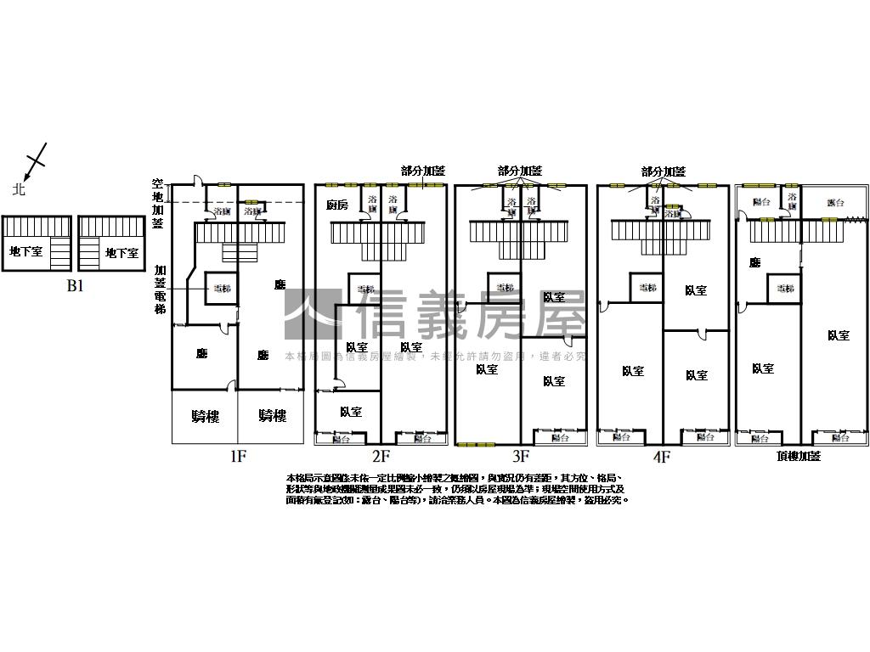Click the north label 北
tap(19, 189)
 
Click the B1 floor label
tap(76, 286)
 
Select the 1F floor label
tap(238, 457)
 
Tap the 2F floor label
tap(380, 457)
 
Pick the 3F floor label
tap(521, 457)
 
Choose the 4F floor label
tap(662, 457)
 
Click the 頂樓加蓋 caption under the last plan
tap(799, 457)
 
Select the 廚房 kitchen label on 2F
tap(337, 205)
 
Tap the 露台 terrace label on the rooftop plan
tap(835, 203)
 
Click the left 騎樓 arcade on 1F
tap(205, 415)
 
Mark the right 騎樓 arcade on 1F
tap(272, 415)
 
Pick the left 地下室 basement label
tap(25, 252)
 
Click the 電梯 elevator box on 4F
tap(647, 288)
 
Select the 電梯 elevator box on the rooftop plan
tap(783, 289)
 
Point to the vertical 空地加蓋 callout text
tap(157, 203)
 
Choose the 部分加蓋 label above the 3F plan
tap(520, 171)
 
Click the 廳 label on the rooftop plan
tap(754, 263)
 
